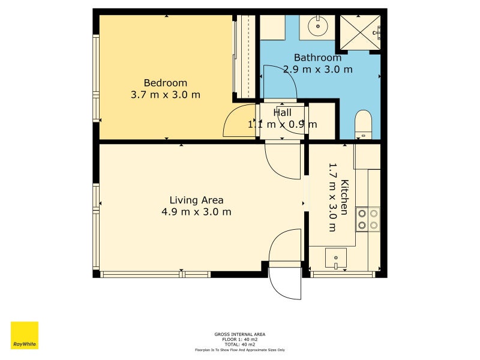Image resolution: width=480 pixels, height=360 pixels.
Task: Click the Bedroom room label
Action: [x=165, y=83]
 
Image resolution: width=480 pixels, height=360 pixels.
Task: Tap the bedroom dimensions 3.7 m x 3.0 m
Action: [x=165, y=95]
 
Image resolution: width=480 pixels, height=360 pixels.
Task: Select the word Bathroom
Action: [x=317, y=58]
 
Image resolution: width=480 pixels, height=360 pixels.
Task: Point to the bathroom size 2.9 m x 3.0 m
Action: [x=317, y=69]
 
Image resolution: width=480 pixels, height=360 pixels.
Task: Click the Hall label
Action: [x=282, y=112]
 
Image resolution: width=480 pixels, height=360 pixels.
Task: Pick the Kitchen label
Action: [x=344, y=197]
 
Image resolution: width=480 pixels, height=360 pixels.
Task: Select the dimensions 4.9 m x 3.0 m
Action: [x=196, y=212]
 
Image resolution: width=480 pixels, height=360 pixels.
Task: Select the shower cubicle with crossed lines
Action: [x=360, y=32]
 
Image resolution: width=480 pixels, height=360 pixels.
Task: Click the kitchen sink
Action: [x=335, y=259]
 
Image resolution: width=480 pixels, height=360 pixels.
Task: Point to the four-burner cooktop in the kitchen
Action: [x=368, y=219]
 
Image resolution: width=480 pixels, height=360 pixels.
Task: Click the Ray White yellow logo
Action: [x=25, y=335]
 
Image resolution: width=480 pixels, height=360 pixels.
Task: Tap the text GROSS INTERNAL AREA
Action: [x=239, y=334]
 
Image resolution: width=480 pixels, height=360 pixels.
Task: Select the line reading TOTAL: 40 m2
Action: [x=239, y=344]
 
